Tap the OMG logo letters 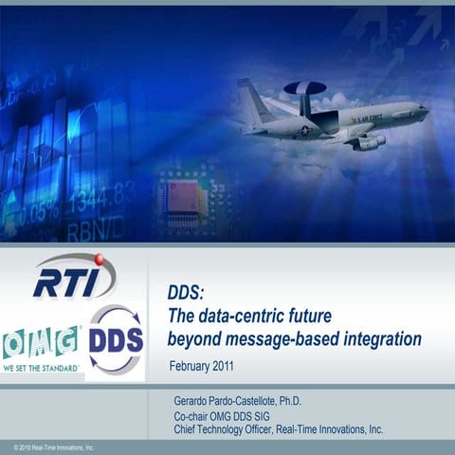41,341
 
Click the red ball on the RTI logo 98,259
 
